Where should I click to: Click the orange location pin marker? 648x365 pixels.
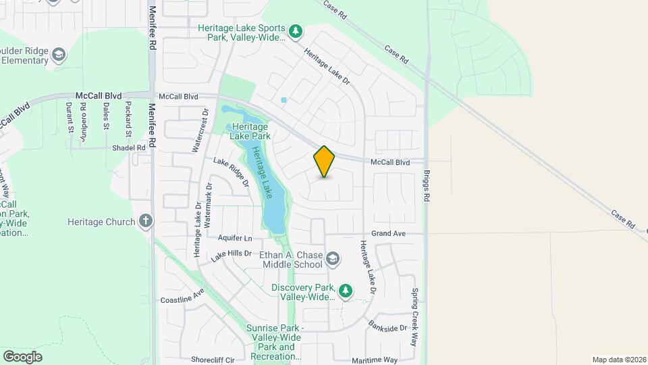[x=325, y=162]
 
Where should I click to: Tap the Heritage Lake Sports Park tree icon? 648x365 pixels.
[x=295, y=31]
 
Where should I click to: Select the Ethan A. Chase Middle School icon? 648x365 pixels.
[x=332, y=259]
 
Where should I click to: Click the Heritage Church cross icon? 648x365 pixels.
[x=145, y=221]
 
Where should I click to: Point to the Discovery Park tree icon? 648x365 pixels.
[x=346, y=291]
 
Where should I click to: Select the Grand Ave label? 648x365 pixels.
[x=392, y=233]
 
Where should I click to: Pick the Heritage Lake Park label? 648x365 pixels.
[x=250, y=131]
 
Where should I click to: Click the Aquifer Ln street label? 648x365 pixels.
[x=235, y=238]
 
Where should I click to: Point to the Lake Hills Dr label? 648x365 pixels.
[x=231, y=255]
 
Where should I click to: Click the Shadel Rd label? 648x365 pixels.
[x=129, y=147]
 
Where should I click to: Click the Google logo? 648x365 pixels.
[x=22, y=356]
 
